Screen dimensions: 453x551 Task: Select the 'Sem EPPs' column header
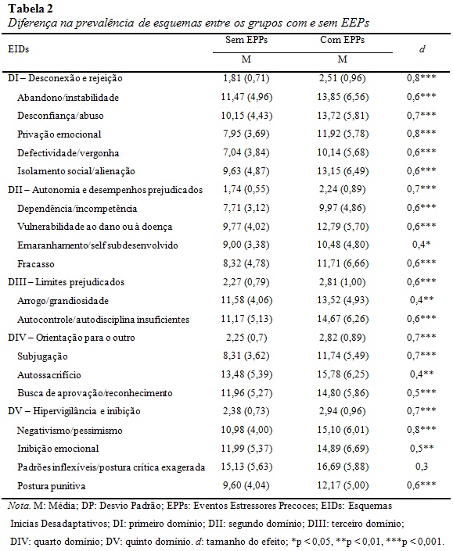(x=246, y=40)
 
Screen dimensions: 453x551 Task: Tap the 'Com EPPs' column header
(x=342, y=40)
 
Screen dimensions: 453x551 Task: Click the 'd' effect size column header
(x=422, y=48)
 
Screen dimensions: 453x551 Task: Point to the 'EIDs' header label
(x=18, y=48)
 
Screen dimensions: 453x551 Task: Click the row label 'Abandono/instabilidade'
(x=68, y=98)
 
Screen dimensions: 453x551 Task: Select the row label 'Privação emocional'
(x=59, y=134)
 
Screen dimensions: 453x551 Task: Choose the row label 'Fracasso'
(x=35, y=264)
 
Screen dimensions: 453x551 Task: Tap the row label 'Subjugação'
(x=42, y=356)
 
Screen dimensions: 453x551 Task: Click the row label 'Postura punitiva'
(x=52, y=486)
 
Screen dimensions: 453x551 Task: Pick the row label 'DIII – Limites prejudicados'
(x=67, y=282)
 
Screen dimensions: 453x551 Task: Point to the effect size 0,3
(x=422, y=467)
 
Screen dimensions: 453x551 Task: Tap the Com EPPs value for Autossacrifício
(x=343, y=374)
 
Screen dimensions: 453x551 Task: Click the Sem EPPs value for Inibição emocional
(x=246, y=449)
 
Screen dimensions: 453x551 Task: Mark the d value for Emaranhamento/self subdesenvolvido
(x=422, y=244)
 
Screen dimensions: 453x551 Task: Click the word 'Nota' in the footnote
(x=19, y=506)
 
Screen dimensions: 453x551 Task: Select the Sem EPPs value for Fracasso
(x=246, y=263)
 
